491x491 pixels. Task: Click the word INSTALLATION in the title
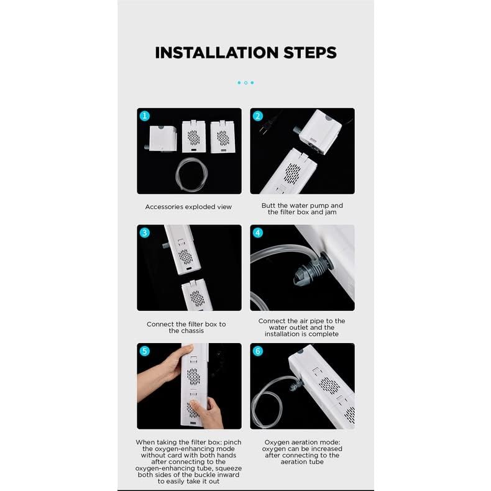[217, 53]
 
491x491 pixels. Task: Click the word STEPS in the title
[310, 53]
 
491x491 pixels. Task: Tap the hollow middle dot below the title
[246, 83]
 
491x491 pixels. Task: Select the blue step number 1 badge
[145, 116]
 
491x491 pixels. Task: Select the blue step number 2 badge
[258, 116]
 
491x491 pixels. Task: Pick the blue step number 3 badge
[145, 232]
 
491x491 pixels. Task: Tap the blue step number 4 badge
[258, 232]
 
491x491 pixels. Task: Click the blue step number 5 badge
[145, 351]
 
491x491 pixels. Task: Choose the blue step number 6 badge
[258, 351]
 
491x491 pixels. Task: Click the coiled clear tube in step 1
[178, 175]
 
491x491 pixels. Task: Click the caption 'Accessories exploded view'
[188, 207]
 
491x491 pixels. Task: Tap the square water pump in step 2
[319, 132]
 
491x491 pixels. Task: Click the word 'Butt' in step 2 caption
[268, 206]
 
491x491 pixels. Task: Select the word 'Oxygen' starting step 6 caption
[277, 443]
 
